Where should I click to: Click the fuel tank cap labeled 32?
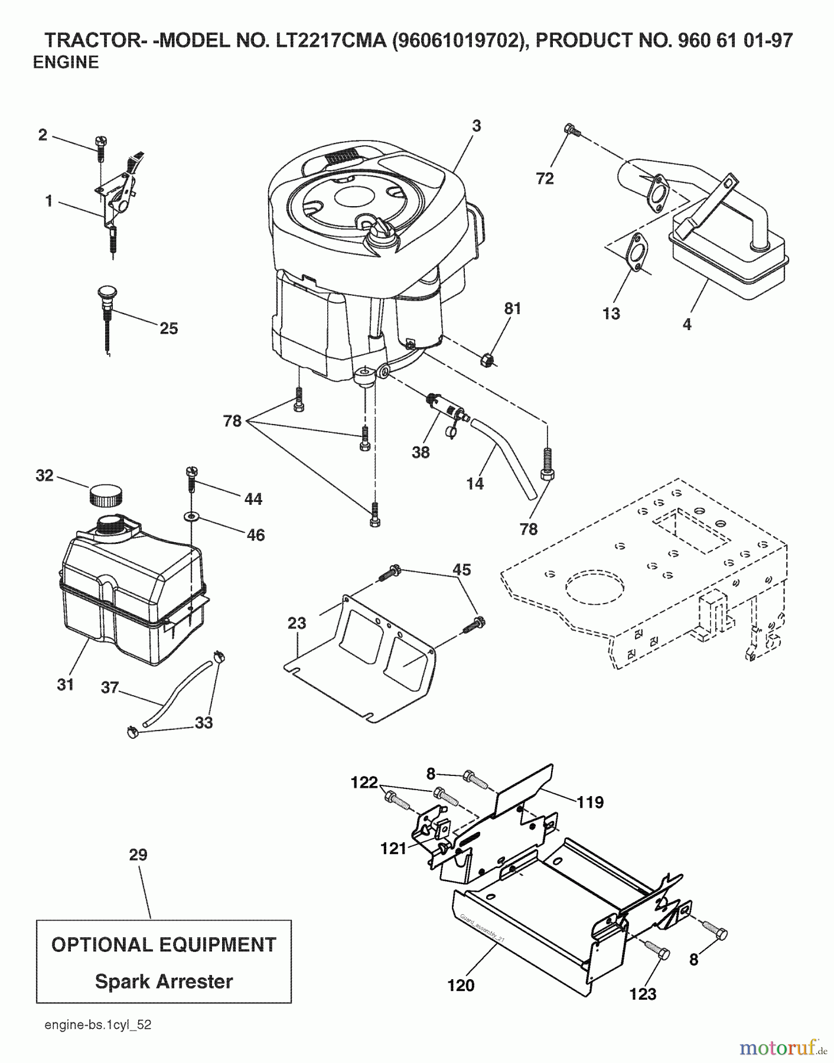[x=106, y=494]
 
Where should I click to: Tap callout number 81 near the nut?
[x=512, y=308]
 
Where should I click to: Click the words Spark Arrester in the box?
[x=164, y=981]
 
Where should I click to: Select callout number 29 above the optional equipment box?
[x=138, y=855]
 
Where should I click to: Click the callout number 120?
[x=461, y=985]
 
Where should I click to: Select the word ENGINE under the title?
[x=66, y=62]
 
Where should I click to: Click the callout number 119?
[x=590, y=802]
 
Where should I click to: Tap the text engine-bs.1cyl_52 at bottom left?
[x=98, y=1025]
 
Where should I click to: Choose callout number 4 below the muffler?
[x=686, y=324]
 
